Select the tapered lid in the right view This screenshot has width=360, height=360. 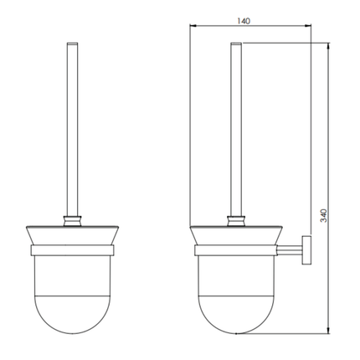(x=234, y=235)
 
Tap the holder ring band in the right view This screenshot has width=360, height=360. (x=234, y=249)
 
